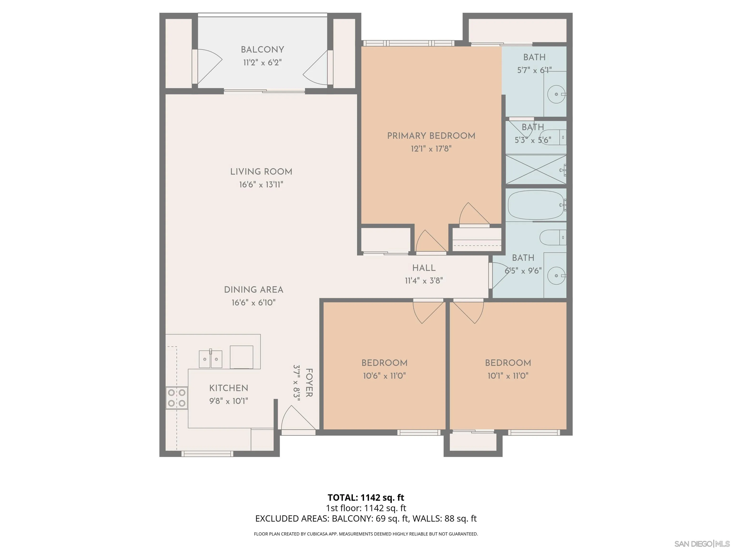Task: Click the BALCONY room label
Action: click(262, 50)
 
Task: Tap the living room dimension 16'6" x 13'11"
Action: click(261, 185)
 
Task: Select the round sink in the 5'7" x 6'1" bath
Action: click(556, 94)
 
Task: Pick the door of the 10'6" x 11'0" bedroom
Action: click(428, 311)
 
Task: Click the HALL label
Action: click(424, 268)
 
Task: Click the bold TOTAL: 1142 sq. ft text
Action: click(366, 497)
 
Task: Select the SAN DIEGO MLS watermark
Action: click(701, 544)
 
